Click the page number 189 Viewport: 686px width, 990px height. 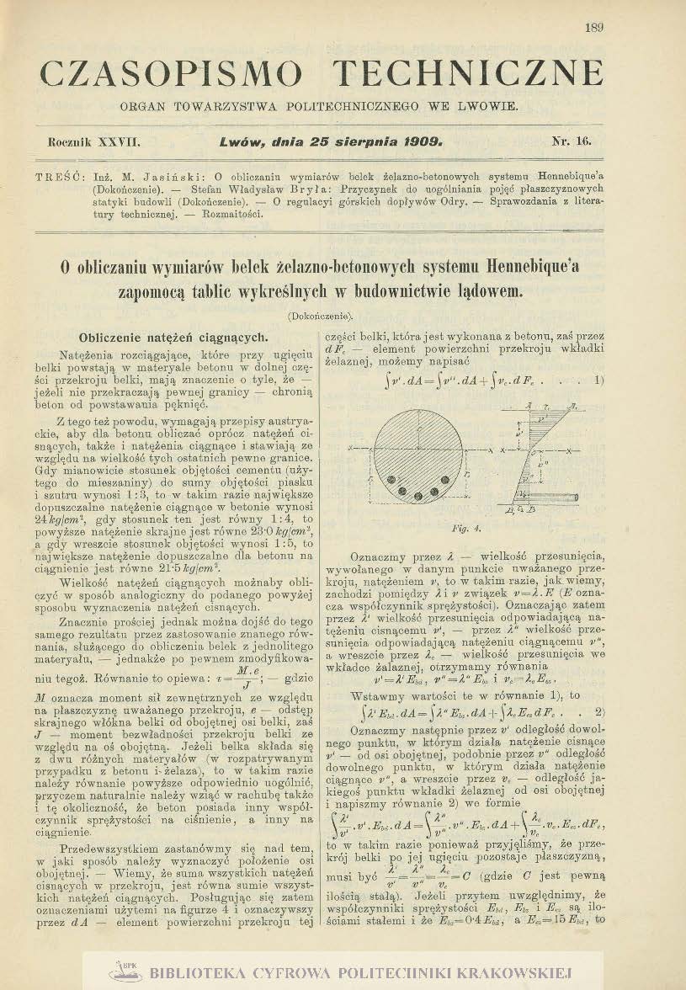[x=593, y=28]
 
